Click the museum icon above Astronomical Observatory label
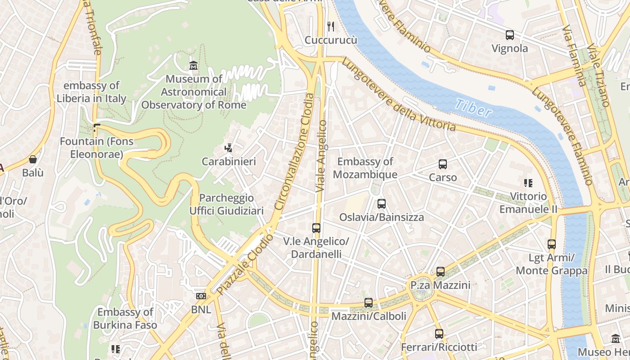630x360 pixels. coord(193,65)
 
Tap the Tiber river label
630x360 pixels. coord(472,108)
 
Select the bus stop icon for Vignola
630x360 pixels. coord(509,35)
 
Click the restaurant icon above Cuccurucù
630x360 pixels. coord(331,27)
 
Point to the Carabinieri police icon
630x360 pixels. coord(229,148)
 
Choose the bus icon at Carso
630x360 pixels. coord(443,164)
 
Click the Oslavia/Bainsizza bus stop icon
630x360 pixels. coord(382,204)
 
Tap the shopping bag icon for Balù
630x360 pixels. coord(33,159)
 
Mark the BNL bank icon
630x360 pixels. coord(201,296)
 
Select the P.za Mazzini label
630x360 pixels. coord(440,285)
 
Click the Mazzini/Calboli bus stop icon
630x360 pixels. coord(369,303)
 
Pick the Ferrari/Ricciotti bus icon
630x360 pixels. coord(439,334)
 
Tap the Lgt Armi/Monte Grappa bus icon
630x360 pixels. coord(552,244)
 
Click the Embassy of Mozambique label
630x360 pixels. coord(365,168)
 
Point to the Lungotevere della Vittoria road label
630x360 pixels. coord(398,94)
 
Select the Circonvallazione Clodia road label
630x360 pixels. coord(293,151)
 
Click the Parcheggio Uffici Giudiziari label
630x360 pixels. coord(226,204)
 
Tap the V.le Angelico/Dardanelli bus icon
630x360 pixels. coord(316,228)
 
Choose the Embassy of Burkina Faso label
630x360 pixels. coord(125,318)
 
